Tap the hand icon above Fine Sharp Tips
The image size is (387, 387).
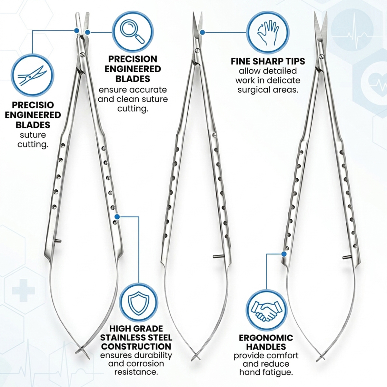[x=268, y=32]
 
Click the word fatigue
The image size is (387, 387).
[x=276, y=372]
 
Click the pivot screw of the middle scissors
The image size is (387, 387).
[x=197, y=50]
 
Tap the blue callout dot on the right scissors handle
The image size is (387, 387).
[x=284, y=254]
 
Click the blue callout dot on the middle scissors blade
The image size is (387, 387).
[x=202, y=32]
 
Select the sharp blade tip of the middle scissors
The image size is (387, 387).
[x=194, y=14]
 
